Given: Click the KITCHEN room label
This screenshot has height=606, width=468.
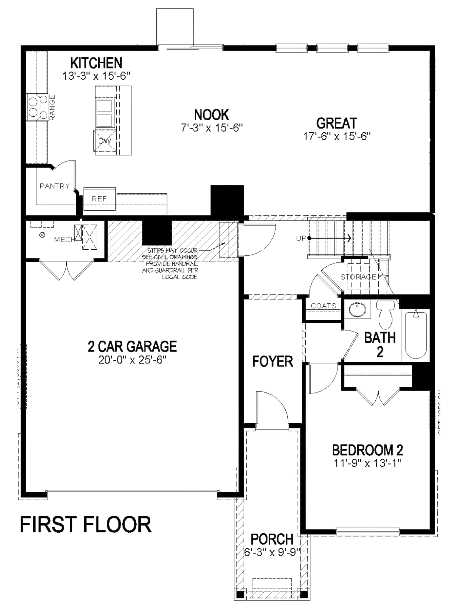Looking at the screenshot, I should tap(96, 63).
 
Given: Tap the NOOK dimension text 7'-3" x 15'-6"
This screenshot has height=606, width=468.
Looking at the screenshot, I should tap(212, 128).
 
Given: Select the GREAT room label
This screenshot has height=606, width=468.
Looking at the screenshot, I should tap(337, 123).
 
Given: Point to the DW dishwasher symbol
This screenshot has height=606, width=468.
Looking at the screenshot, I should tap(105, 141).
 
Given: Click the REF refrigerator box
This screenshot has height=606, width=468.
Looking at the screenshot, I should tap(99, 199).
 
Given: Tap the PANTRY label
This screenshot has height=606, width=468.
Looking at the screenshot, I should tap(55, 186).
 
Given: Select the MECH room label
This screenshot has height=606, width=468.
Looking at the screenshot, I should tap(64, 240).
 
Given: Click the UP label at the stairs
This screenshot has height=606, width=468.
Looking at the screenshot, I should tap(301, 238).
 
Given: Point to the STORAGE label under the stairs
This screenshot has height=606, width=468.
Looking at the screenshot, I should tap(358, 277).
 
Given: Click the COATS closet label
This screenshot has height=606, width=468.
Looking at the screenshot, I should tap(324, 306).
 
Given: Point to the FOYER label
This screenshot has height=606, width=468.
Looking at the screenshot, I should tap(273, 361).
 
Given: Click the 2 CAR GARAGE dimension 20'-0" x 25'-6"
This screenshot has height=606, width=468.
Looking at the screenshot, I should tap(133, 360).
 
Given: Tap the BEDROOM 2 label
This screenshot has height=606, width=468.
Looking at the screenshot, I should tap(367, 450).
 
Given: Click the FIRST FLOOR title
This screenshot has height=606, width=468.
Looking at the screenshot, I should tap(85, 525).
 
